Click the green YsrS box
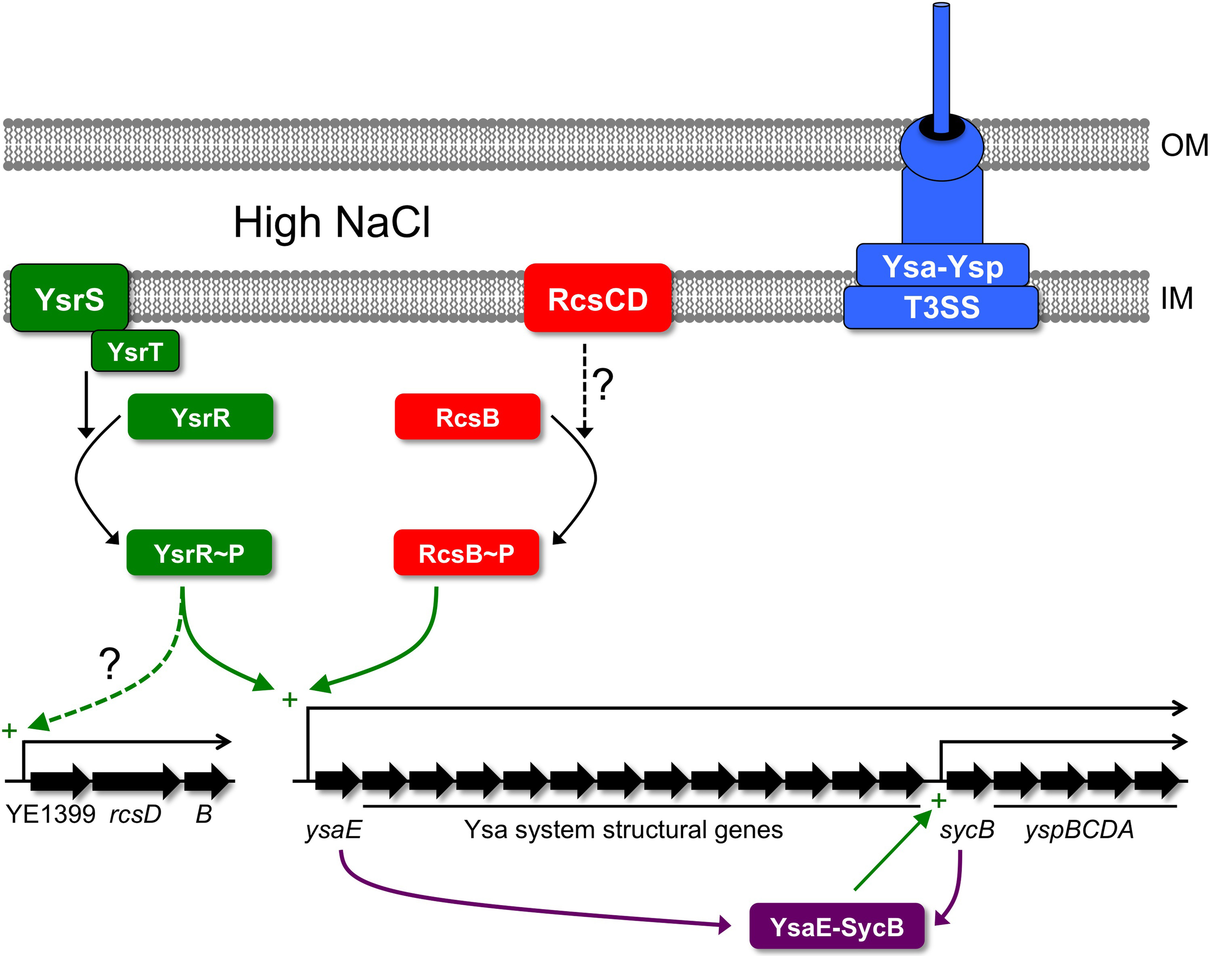point(69,298)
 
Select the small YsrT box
point(136,351)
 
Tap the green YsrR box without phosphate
point(200,417)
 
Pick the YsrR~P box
point(199,553)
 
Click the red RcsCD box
point(598,298)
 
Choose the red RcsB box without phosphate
point(468,417)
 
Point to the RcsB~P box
point(466,553)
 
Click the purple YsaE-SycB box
point(837,926)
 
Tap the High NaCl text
point(332,223)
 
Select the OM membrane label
point(1184,146)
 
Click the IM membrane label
point(1177,298)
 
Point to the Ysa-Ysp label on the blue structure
point(942,266)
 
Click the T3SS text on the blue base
point(941,307)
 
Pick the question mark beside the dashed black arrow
point(604,384)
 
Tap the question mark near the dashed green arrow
point(110,663)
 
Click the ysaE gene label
point(333,830)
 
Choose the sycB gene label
point(967,830)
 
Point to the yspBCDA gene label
point(1079,830)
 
